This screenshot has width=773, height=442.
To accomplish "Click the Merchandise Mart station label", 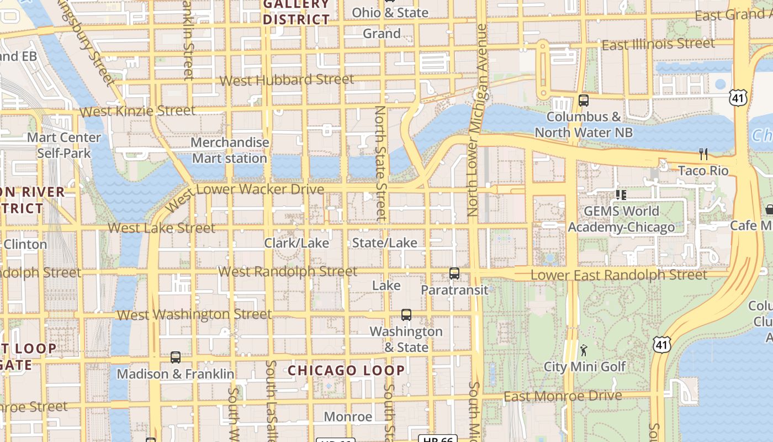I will point(230,150).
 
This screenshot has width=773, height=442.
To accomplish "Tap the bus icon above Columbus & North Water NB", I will point(584,101).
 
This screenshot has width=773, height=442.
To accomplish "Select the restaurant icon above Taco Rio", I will point(703,154).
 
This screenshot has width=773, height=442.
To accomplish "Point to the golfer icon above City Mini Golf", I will point(584,350).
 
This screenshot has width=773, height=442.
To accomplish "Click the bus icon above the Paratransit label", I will point(454,273).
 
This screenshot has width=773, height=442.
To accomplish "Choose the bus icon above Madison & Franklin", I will point(176,357).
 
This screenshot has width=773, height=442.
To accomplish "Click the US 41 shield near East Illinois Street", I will point(738,98).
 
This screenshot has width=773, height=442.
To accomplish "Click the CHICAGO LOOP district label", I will point(347,370).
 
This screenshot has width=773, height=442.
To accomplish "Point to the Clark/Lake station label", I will point(297,243).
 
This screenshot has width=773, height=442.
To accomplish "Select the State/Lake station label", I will point(385,243).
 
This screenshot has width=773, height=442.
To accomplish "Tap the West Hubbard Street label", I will point(287,80).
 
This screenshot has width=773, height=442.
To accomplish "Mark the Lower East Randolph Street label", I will point(618,275).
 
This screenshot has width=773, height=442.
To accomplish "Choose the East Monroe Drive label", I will point(563,396).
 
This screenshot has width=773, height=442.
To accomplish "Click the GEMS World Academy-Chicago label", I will point(621,219).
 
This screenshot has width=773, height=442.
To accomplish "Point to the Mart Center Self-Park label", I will point(64,145).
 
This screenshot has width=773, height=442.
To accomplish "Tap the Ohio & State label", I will point(390,13).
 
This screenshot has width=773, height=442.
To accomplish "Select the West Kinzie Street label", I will point(137,111).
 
